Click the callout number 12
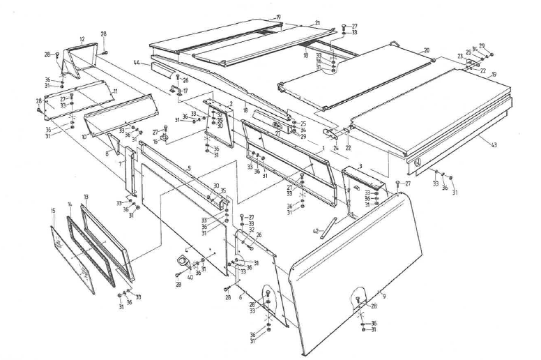pyautogui.click(x=82, y=39)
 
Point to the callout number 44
pyautogui.click(x=138, y=63)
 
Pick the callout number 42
pyautogui.click(x=315, y=231)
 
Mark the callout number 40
pyautogui.click(x=190, y=276)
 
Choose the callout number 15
pyautogui.click(x=53, y=210)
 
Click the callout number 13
pyautogui.click(x=86, y=197)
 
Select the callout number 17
pyautogui.click(x=185, y=91)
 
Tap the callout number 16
pyautogui.click(x=155, y=140)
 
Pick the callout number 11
pyautogui.click(x=115, y=91)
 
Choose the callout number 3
pyautogui.click(x=361, y=166)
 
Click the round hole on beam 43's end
pyautogui.click(x=417, y=164)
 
